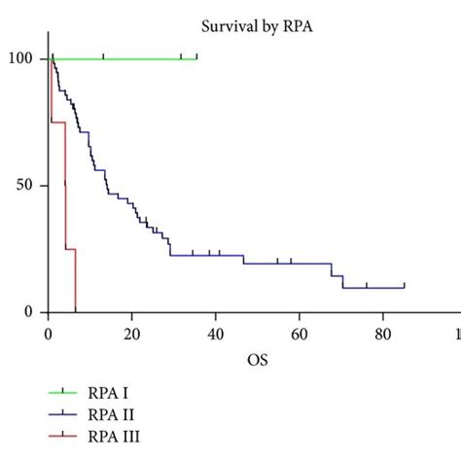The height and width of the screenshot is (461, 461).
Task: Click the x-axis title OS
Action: (257, 361)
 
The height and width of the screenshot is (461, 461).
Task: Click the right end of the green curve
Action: (196, 58)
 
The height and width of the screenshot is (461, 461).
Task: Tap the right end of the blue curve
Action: (404, 287)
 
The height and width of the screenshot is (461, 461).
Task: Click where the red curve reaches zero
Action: (75, 311)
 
